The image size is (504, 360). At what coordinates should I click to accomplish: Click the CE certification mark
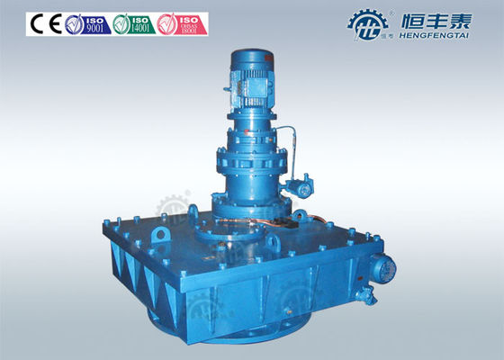[43, 23]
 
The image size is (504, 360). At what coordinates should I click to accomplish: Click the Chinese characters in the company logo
[430, 17]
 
